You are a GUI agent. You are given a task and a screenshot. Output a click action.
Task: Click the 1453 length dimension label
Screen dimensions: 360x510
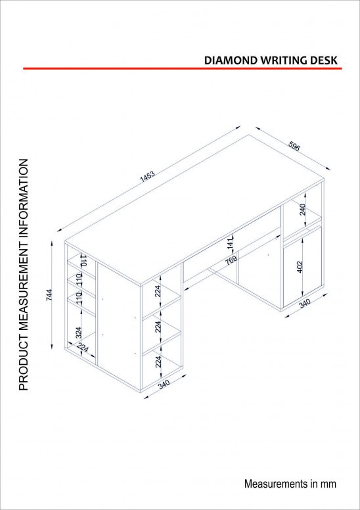pos(147,175)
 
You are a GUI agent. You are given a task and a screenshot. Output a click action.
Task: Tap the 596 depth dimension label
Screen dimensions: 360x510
pos(294,147)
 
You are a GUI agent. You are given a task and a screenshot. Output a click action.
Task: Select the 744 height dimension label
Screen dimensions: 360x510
pos(49,294)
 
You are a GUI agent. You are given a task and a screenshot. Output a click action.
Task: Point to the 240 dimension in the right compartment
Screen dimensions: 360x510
pos(302,210)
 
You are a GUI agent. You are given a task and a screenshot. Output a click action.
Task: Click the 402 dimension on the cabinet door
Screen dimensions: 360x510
pos(300,267)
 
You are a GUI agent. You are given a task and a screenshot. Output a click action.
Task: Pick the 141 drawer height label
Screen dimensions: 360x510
pos(230,244)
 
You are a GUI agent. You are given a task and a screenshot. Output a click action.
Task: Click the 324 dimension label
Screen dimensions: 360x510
pos(78,333)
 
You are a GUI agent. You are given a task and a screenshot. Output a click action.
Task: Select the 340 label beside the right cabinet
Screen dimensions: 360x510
pos(305,303)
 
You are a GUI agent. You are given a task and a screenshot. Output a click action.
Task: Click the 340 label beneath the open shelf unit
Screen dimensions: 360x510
pos(164,384)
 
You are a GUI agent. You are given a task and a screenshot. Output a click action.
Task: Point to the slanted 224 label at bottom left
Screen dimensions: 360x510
pos(83,348)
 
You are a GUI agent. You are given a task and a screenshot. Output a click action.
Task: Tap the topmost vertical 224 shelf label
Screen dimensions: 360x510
pos(158,291)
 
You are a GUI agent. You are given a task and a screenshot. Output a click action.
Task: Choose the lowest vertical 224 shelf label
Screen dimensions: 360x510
pos(158,361)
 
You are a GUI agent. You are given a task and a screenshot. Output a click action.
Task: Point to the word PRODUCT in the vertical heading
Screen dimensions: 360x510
pos(24,364)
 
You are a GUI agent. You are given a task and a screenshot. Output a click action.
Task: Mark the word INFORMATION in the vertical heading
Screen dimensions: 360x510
pos(24,198)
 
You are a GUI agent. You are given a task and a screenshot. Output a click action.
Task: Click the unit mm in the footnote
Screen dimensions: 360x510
pos(328,484)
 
